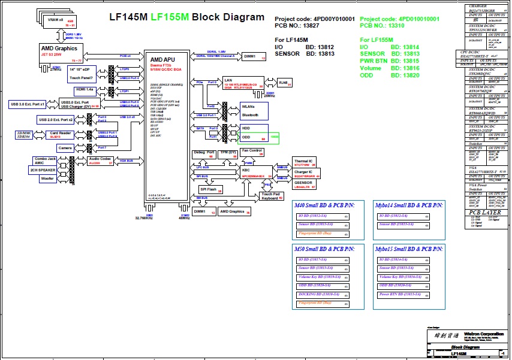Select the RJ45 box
click(x=284, y=83)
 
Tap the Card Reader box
click(x=62, y=134)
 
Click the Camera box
click(x=65, y=147)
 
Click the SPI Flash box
click(x=210, y=190)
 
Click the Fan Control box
click(x=252, y=152)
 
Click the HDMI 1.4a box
click(x=84, y=89)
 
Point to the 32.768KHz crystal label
click(x=149, y=219)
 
